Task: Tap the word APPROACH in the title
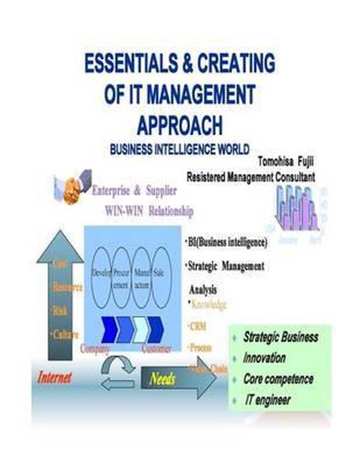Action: click(x=181, y=124)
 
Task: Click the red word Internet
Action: click(x=54, y=377)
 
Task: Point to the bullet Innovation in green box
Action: click(x=264, y=358)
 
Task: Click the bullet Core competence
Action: click(x=278, y=379)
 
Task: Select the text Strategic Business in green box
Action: click(x=281, y=337)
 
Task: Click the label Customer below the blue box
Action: click(x=156, y=349)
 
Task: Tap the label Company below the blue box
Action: click(x=95, y=349)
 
